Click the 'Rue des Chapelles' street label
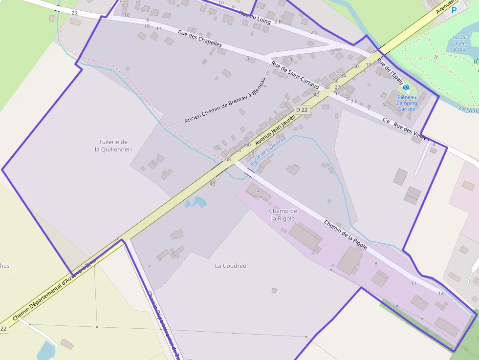pos(200,39)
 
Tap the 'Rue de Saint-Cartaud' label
pos(295,76)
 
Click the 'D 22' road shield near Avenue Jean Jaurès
pos(302,110)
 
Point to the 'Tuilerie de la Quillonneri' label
pos(113,146)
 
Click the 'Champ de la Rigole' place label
pos(283,215)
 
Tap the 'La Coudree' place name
pos(231,266)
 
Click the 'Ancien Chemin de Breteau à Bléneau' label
pos(225,101)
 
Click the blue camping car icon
pos(406,89)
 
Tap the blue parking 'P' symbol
pos(454,10)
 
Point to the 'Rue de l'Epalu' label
pos(391,72)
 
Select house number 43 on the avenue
pos(212,184)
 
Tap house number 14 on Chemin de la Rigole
pos(441,294)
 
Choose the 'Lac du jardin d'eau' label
pos(459,43)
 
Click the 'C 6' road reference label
pos(386,120)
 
